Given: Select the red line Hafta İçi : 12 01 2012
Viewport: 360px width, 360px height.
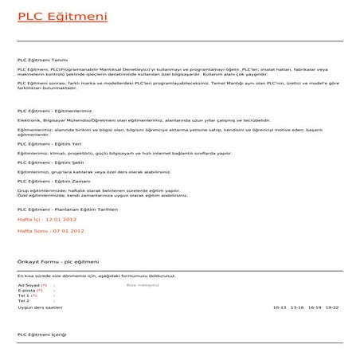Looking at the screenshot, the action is (x=47, y=217).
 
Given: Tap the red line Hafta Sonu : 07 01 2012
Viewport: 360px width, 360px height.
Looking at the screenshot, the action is (x=50, y=230).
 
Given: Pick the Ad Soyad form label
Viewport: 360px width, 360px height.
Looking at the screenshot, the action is (x=29, y=284).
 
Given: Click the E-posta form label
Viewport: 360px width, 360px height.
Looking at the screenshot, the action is (x=26, y=290).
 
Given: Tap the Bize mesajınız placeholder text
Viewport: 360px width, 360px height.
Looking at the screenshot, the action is (x=143, y=284).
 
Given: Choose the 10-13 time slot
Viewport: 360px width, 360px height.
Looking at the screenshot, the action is (x=279, y=307).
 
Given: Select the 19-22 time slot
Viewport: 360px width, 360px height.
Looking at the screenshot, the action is (x=332, y=307).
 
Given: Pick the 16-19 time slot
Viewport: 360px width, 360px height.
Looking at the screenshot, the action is (x=315, y=307).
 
